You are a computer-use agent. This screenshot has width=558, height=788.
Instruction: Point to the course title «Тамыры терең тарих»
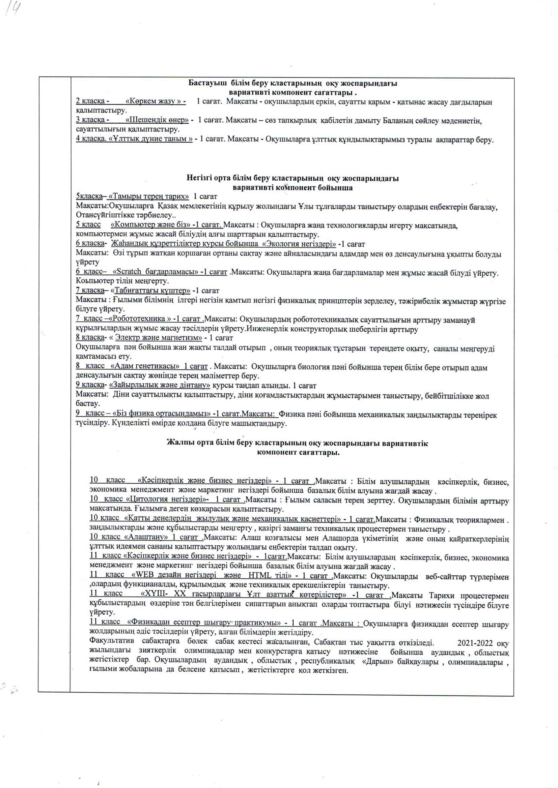[148, 196]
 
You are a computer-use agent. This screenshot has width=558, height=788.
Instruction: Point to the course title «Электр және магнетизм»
[158, 338]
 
